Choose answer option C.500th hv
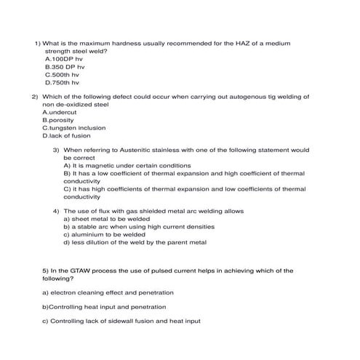click(x=62, y=74)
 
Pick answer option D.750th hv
click(x=62, y=82)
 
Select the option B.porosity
click(x=59, y=120)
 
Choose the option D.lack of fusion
click(x=66, y=135)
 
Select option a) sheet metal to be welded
click(x=107, y=219)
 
